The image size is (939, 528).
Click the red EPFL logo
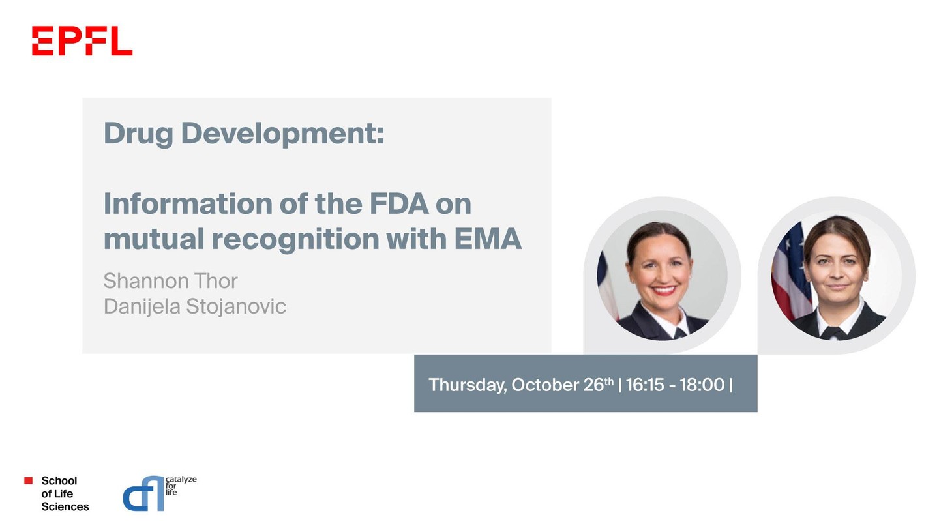pyautogui.click(x=82, y=40)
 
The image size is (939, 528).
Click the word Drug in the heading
pyautogui.click(x=138, y=134)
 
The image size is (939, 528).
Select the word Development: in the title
pyautogui.click(x=282, y=134)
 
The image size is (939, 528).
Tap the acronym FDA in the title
pyautogui.click(x=400, y=203)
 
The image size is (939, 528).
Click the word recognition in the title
pyautogui.click(x=295, y=241)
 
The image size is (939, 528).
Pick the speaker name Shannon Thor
pyautogui.click(x=171, y=281)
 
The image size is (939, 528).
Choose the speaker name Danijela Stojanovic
pyautogui.click(x=195, y=306)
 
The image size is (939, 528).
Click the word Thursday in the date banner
pyautogui.click(x=468, y=385)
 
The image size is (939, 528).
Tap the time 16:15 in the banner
pyautogui.click(x=645, y=385)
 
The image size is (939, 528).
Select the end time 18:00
pyautogui.click(x=702, y=385)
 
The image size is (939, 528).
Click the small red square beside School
pyautogui.click(x=29, y=480)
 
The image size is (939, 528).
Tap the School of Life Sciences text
pyautogui.click(x=65, y=493)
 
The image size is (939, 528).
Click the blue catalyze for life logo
pyautogui.click(x=159, y=493)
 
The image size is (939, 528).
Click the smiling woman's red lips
pyautogui.click(x=664, y=290)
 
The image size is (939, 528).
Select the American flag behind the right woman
pyautogui.click(x=790, y=272)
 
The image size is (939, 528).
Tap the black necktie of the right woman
pyautogui.click(x=833, y=334)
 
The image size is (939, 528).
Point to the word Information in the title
pyautogui.click(x=188, y=203)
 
